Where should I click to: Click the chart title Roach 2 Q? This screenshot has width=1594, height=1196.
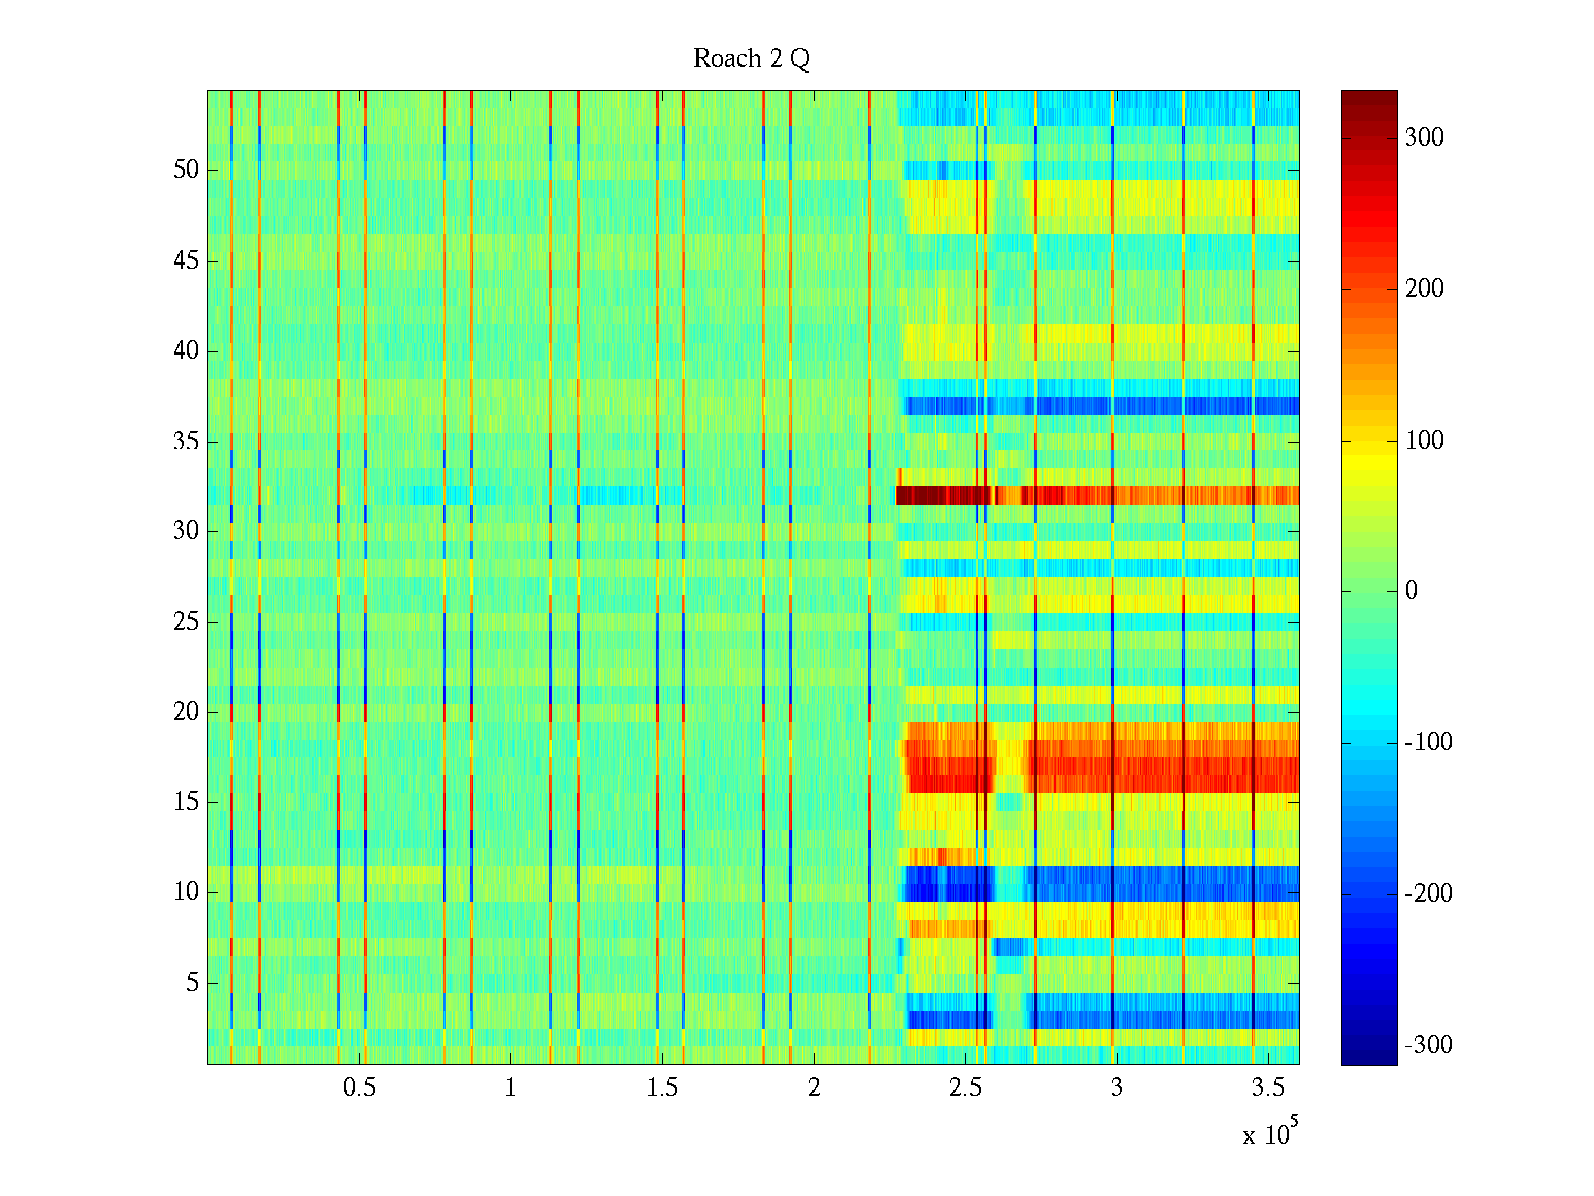click(x=751, y=59)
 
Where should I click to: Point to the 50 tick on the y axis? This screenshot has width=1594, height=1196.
click(x=186, y=170)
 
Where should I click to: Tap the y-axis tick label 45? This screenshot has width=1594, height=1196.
click(x=186, y=261)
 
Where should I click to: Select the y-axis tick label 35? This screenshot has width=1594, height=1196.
click(x=186, y=442)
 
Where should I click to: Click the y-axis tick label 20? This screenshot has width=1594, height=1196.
click(x=186, y=712)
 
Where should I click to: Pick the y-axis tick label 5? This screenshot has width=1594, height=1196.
click(x=192, y=983)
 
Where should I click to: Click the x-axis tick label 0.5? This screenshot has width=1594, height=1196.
click(x=359, y=1088)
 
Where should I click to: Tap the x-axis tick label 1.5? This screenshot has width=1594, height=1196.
click(x=662, y=1088)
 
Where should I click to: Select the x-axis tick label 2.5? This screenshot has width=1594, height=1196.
click(x=965, y=1088)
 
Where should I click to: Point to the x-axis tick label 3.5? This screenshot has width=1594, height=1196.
click(x=1268, y=1088)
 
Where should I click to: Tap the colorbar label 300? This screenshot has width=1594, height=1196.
click(x=1424, y=138)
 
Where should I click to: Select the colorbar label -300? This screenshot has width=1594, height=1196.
click(x=1428, y=1045)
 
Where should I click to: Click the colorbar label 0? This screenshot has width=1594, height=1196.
click(x=1411, y=591)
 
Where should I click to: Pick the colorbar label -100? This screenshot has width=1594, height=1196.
click(x=1428, y=743)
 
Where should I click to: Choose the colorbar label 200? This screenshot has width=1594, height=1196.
click(x=1424, y=289)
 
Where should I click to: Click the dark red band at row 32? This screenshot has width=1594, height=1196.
click(x=946, y=495)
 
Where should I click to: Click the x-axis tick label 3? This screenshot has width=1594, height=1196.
click(x=1117, y=1088)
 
